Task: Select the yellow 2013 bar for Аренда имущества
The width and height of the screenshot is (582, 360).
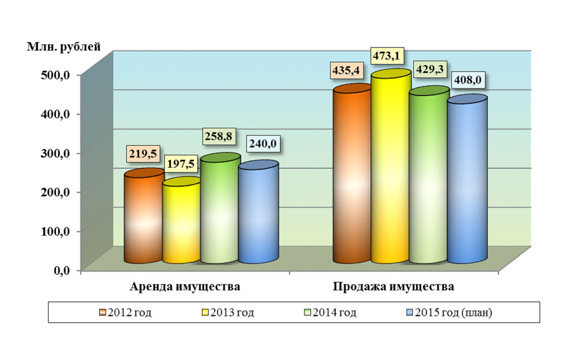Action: [181, 224]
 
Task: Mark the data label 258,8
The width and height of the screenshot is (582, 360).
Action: [219, 136]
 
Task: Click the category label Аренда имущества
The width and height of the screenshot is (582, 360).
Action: [186, 287]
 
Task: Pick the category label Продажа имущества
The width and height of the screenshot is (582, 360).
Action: [393, 287]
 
